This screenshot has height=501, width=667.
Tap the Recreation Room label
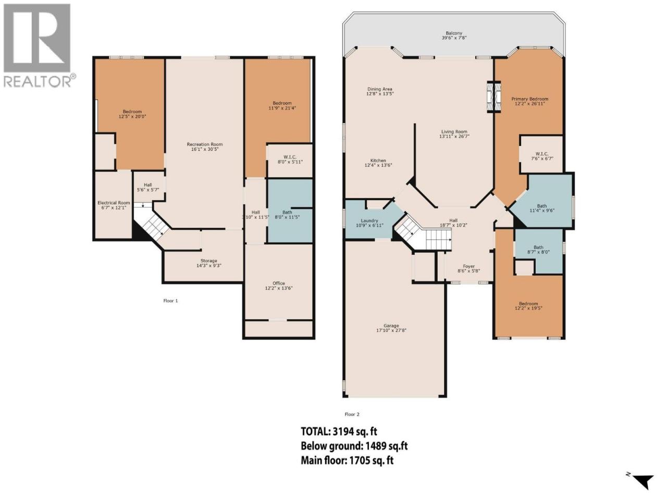205,147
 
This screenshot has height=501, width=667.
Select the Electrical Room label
114,205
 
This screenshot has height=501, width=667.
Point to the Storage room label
209,263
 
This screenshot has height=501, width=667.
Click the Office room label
279,285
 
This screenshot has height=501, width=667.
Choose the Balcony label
454,35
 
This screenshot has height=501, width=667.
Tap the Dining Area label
379,91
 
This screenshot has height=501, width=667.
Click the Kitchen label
378,163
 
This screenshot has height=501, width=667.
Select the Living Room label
454,134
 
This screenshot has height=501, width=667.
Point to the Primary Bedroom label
529,101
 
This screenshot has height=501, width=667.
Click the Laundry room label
369,223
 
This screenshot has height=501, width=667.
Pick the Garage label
391,328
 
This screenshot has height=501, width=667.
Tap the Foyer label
468,268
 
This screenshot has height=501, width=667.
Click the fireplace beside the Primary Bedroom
494,97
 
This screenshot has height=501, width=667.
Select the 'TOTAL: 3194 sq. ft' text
339,432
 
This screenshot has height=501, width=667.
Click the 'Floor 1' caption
170,301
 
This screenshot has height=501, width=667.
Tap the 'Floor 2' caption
352,414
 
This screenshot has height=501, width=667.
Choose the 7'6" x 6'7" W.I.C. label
542,156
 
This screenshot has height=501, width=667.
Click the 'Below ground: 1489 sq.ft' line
354,446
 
